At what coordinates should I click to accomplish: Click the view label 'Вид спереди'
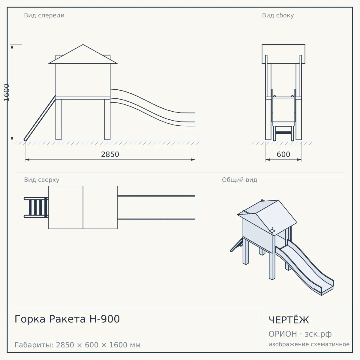(x=44, y=16)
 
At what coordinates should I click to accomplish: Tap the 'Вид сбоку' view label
(x=278, y=16)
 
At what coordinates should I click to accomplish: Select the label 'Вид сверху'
(x=42, y=180)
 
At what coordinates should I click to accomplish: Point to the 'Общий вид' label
(x=239, y=180)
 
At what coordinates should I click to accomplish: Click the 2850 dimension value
(x=110, y=154)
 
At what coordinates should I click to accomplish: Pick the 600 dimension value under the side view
(x=283, y=154)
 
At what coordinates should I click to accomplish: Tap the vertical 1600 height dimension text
(x=7, y=93)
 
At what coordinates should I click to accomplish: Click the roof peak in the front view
(x=83, y=44)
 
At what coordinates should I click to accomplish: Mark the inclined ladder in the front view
(x=40, y=118)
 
